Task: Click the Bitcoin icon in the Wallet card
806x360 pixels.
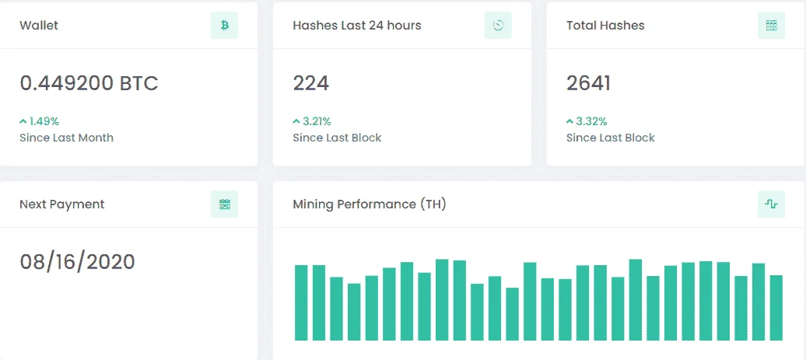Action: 225,25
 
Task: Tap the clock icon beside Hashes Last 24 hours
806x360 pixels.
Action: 498,25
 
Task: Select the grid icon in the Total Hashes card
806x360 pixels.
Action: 771,25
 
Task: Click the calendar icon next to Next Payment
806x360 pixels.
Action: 225,204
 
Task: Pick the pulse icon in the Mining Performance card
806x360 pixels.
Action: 771,204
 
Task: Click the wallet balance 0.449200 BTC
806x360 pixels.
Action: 89,83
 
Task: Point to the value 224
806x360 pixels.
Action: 311,83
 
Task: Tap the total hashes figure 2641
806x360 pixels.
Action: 588,83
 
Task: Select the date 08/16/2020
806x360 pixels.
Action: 77,262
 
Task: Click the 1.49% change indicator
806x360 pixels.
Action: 39,122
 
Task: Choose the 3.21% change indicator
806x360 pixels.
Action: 312,122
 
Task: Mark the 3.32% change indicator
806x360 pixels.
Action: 587,122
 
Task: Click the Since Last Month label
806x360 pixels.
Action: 66,138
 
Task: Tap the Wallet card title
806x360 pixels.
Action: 39,25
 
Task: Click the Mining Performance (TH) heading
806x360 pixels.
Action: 370,204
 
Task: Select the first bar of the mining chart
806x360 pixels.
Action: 301,303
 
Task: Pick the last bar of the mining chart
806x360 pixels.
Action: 776,308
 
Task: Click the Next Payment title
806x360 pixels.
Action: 61,204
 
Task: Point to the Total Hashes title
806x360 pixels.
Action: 605,25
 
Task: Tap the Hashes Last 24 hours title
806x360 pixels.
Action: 357,25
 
